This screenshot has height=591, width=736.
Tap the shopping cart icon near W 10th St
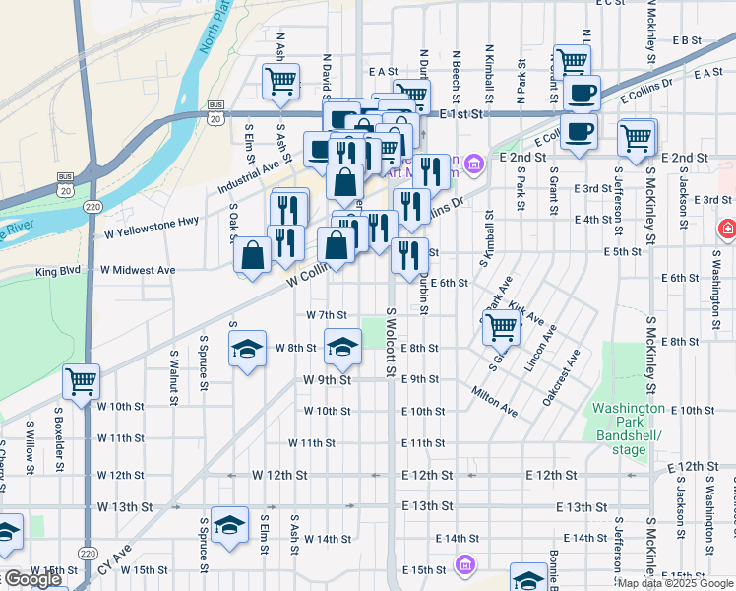[81, 381]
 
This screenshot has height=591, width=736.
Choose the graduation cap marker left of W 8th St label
[248, 348]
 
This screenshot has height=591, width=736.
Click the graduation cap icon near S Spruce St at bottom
[229, 524]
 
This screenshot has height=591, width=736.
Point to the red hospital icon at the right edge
[727, 229]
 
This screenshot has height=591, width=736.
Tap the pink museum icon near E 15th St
[464, 565]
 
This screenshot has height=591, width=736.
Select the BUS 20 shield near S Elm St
[215, 110]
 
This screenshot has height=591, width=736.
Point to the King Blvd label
[57, 270]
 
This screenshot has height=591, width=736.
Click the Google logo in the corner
[32, 579]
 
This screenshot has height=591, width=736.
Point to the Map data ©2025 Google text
[674, 583]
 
